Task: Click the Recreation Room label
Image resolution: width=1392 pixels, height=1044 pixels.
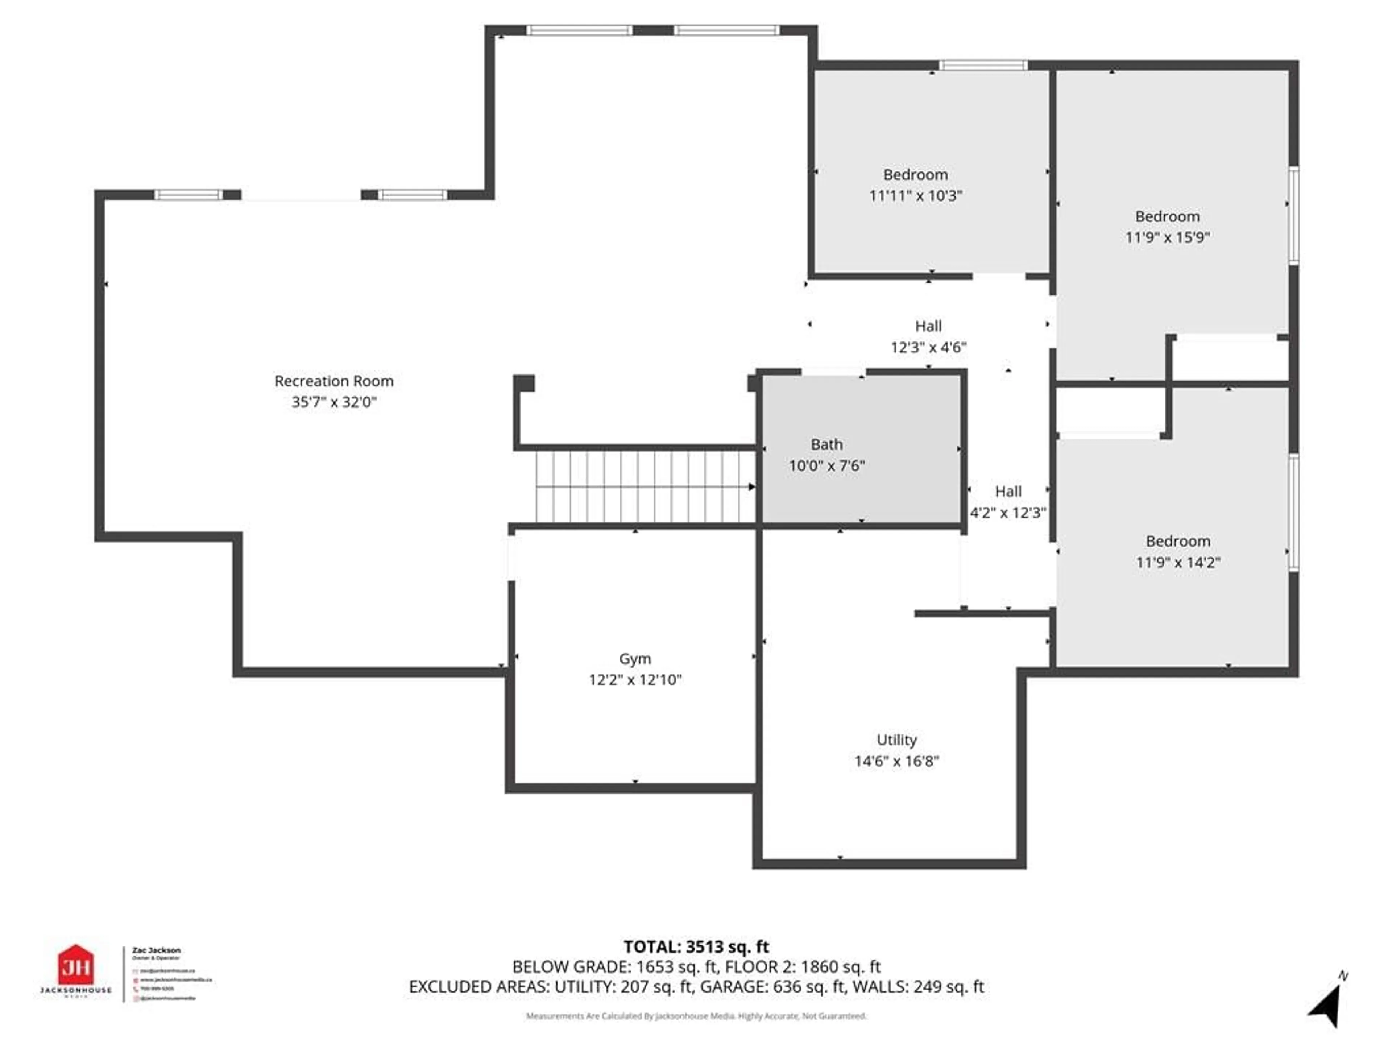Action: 333,381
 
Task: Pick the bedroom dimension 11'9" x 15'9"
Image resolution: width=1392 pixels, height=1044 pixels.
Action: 1167,237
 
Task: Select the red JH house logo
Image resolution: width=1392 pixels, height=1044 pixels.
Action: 75,964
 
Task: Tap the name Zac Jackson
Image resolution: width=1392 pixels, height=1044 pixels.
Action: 156,950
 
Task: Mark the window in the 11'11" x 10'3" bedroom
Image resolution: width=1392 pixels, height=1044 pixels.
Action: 983,65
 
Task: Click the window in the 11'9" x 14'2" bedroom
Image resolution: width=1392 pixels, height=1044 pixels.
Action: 1293,513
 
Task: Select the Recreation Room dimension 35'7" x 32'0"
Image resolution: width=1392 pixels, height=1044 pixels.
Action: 333,402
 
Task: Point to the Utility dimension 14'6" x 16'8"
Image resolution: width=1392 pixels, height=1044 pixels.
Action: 896,761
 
